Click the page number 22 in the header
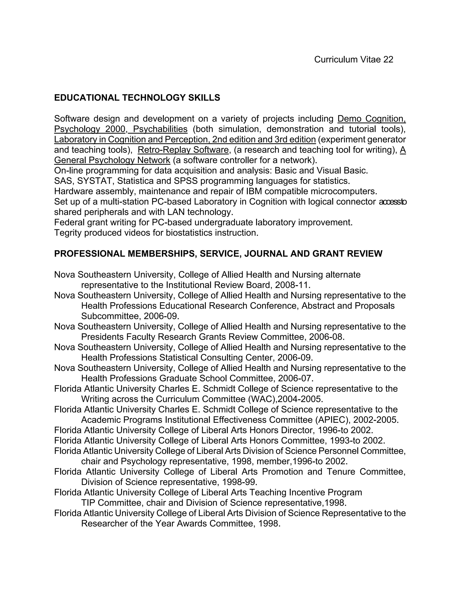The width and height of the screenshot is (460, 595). (388, 59)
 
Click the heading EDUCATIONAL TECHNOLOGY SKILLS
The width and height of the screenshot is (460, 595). (137, 97)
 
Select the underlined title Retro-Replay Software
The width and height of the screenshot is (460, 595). (183, 150)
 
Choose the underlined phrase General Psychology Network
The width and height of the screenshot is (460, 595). (112, 160)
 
